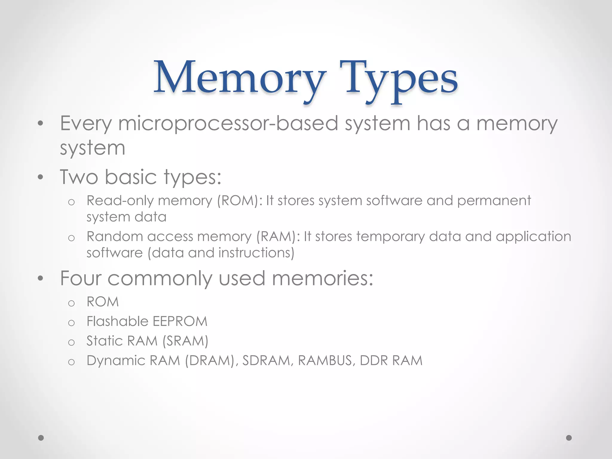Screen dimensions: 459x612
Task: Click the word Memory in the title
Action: (x=239, y=78)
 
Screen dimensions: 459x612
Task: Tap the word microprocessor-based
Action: (x=228, y=123)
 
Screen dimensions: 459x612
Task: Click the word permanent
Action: (x=494, y=201)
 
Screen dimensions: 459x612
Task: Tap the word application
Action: (x=533, y=237)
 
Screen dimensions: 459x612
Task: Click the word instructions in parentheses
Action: (x=256, y=253)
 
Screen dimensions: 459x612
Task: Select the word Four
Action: (x=81, y=278)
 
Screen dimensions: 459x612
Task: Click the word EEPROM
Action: (x=180, y=322)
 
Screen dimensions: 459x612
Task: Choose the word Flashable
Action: (x=117, y=322)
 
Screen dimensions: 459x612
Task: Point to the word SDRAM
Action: (x=266, y=360)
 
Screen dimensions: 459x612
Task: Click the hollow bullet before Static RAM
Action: (x=71, y=342)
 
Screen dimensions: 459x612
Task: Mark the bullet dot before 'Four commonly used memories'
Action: (x=41, y=279)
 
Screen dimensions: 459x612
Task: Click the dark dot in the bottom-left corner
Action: (x=41, y=438)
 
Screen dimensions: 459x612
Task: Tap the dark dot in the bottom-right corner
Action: (x=569, y=438)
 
